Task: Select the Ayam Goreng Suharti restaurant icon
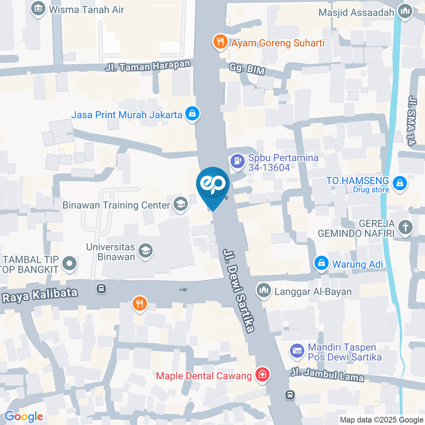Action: point(220,42)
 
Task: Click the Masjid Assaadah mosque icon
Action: point(404,12)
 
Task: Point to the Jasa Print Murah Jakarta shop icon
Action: point(193,114)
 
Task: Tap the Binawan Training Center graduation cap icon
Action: point(180,205)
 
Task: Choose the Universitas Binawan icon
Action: point(145,251)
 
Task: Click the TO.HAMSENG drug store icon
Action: point(400,182)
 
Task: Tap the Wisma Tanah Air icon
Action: point(39,8)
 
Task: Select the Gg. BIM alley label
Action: point(242,68)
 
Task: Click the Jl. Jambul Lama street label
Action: point(327,375)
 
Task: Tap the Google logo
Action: point(23,416)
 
